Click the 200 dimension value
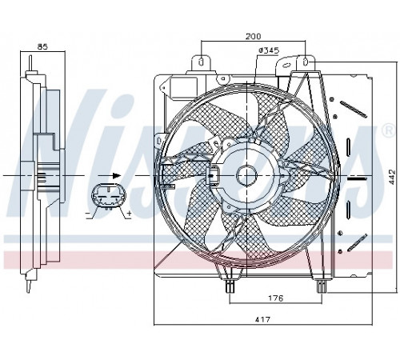point(253,36)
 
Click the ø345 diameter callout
point(269,50)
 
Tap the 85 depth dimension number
point(42,46)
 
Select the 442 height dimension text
point(391,177)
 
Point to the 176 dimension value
point(275,298)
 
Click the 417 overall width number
point(262,319)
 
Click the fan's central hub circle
point(247,175)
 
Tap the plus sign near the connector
point(129,213)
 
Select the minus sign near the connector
point(87,214)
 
